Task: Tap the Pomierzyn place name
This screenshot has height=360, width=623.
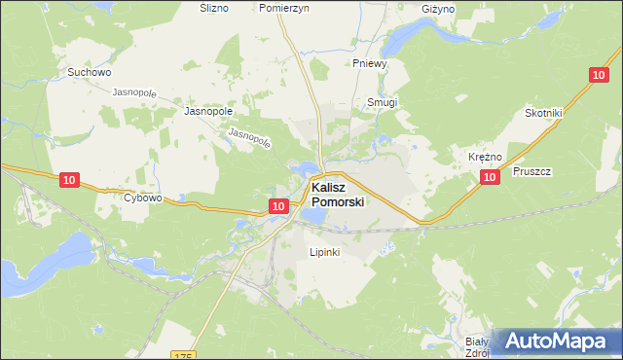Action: click(284, 8)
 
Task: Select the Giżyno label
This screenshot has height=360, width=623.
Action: click(439, 9)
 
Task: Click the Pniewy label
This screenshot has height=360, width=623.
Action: click(371, 64)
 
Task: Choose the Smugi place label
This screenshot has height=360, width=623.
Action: click(383, 101)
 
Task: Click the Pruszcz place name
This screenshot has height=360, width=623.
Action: click(531, 171)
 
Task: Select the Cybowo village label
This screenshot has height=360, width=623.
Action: click(142, 198)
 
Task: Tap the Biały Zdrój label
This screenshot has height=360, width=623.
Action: click(476, 347)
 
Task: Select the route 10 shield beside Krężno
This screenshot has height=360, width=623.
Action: click(491, 176)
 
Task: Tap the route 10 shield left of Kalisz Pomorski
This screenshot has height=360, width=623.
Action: click(278, 205)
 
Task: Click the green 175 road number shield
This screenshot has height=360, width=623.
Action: click(183, 355)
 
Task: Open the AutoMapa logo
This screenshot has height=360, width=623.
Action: click(556, 342)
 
